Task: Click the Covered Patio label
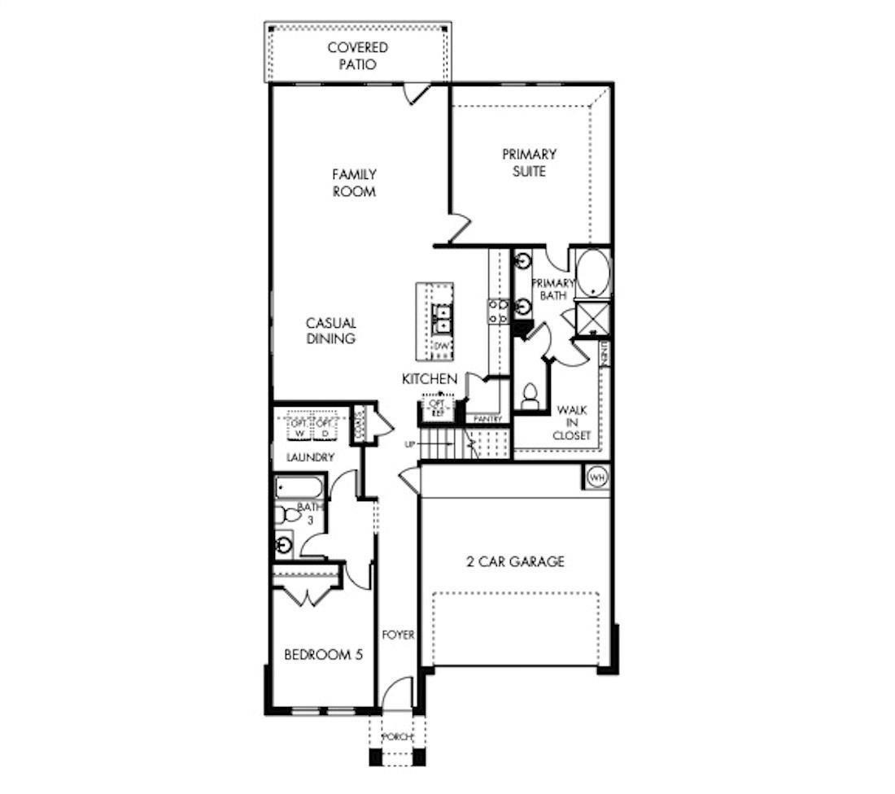tap(357, 55)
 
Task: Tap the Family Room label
tap(354, 183)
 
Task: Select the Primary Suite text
tap(529, 163)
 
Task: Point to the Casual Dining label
tap(331, 330)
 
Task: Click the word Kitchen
tap(430, 379)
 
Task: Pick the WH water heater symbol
tap(596, 476)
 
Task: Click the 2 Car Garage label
tap(515, 561)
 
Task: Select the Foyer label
tap(399, 635)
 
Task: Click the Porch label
tap(398, 737)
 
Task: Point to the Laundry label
tap(310, 458)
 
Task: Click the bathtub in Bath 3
tap(299, 489)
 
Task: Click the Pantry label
tap(488, 419)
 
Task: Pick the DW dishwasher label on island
tap(441, 347)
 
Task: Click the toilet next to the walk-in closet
tap(530, 396)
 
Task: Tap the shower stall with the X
tap(592, 318)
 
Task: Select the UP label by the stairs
tap(410, 444)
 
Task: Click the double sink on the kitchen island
tap(442, 318)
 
